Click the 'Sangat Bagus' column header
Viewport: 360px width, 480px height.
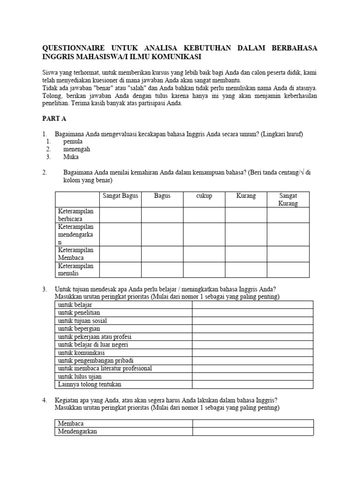[x=120, y=195]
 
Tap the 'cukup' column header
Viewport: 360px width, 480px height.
[x=204, y=195]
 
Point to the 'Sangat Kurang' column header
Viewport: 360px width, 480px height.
[x=288, y=199]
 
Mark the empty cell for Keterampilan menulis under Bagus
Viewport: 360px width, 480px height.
[x=162, y=270]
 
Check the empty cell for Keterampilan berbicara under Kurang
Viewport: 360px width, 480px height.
[x=246, y=215]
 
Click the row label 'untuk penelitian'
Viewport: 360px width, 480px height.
[x=79, y=313]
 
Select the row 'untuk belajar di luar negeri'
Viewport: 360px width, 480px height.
[x=93, y=345]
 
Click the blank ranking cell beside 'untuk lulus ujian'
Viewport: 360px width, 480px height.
[x=253, y=376]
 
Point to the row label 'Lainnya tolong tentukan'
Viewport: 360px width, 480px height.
[x=90, y=384]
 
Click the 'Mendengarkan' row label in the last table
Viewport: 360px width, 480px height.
[x=77, y=431]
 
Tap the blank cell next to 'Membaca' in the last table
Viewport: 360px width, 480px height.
[x=253, y=423]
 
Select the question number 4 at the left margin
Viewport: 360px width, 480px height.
[x=45, y=400]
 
